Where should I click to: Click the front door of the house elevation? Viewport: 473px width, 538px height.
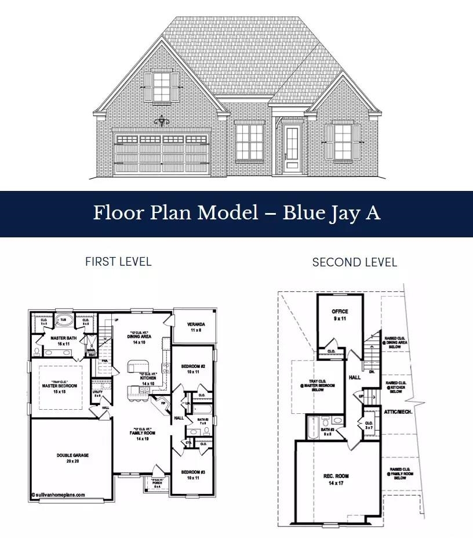click(x=292, y=149)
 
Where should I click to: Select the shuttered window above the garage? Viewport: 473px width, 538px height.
click(x=162, y=87)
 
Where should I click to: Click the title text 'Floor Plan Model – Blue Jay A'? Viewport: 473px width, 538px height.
click(x=237, y=213)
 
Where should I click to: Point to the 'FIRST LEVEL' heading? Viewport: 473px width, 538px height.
click(x=118, y=262)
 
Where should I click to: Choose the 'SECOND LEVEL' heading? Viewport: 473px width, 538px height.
click(x=355, y=262)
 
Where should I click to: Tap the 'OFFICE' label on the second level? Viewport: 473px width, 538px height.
click(x=340, y=312)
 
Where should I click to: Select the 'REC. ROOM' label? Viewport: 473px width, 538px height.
click(x=336, y=476)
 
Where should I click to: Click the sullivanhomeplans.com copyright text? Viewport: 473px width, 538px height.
click(x=58, y=495)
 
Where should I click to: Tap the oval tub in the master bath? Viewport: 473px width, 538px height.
click(x=64, y=321)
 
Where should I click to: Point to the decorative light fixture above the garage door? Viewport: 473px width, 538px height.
click(x=162, y=121)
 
